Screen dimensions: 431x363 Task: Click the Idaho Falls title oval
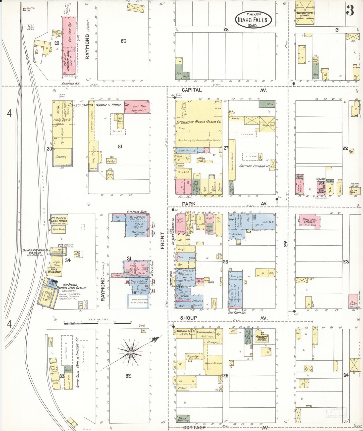click(254, 19)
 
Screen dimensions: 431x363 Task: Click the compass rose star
click(131, 353)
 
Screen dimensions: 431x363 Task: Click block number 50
click(123, 41)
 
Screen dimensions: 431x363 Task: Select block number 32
click(128, 376)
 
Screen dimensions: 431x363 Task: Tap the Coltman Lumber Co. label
click(254, 166)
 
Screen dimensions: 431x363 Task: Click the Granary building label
click(61, 157)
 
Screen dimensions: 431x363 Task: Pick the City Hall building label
click(354, 192)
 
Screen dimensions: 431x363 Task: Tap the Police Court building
click(215, 303)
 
